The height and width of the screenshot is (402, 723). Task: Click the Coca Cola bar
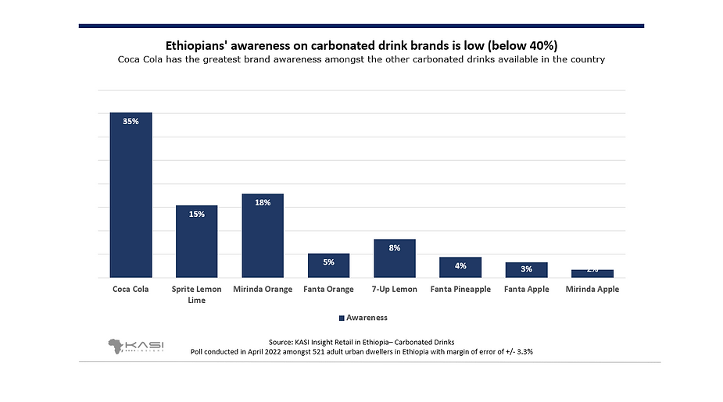(131, 195)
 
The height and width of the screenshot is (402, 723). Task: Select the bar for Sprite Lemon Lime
(196, 242)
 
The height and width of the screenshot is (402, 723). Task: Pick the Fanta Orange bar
(328, 266)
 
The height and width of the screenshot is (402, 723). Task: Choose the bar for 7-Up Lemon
(395, 258)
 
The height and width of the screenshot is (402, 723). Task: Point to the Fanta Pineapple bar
(460, 268)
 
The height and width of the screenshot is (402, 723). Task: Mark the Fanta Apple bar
(526, 270)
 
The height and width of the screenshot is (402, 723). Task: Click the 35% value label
(131, 121)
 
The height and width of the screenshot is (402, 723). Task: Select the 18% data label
(263, 203)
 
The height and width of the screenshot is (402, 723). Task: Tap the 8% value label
(395, 247)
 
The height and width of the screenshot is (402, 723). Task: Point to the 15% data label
(196, 214)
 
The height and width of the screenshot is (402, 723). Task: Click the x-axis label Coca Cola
(131, 290)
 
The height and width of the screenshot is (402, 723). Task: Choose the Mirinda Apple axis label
(592, 290)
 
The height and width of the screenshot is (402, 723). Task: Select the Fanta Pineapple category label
(460, 290)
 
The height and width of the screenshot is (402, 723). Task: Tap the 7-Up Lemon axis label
(395, 290)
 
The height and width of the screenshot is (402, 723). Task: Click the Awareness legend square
(342, 318)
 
